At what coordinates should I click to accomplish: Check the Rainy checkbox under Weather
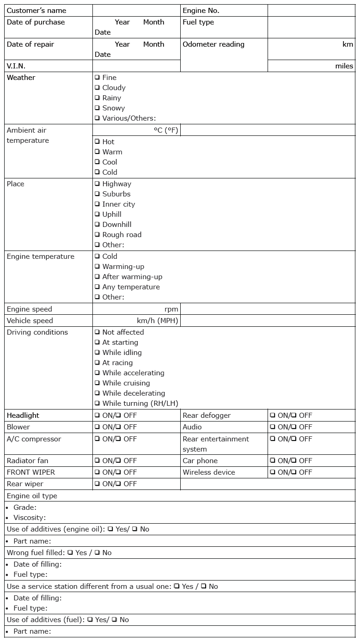tap(98, 98)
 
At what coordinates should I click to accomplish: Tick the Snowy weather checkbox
tap(98, 108)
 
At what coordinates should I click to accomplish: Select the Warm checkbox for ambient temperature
tap(98, 152)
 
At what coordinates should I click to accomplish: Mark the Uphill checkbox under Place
tap(98, 214)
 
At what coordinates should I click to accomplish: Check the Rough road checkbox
tap(98, 235)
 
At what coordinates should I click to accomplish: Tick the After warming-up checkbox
tap(98, 277)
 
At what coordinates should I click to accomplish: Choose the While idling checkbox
tap(98, 353)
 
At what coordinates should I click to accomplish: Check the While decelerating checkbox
tap(98, 393)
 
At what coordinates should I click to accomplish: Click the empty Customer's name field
tap(136, 11)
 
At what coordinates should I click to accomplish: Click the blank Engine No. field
tap(311, 11)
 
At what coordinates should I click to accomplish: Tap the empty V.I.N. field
tap(136, 66)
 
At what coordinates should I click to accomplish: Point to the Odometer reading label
tap(214, 45)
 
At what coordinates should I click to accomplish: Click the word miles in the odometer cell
tap(344, 66)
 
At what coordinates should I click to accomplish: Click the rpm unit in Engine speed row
tap(171, 309)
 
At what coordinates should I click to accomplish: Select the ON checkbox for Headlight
tap(98, 416)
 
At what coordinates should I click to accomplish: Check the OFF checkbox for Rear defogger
tap(294, 416)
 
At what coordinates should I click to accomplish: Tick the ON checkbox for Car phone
tap(273, 461)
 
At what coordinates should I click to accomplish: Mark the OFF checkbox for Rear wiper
tap(119, 484)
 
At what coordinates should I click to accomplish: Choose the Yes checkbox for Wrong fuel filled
tap(70, 553)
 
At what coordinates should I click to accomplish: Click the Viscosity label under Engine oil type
tap(30, 518)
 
